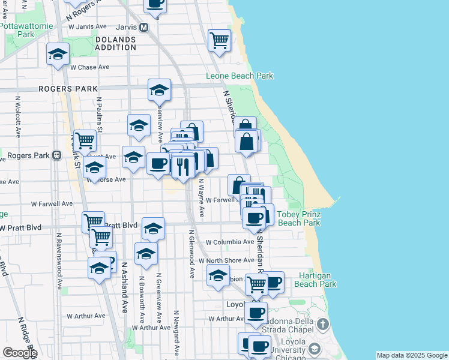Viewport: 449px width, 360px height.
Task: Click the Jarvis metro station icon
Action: pos(143,28)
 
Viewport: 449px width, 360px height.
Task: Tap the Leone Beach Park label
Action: pos(240,76)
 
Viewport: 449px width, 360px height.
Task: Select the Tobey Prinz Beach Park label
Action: pos(298,218)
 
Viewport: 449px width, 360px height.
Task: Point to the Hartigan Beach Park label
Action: pos(318,280)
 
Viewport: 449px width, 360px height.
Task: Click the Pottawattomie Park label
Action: pos(26,31)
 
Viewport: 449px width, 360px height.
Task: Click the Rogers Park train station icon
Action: pos(57,155)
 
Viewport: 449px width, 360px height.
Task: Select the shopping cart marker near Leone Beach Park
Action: pos(219,41)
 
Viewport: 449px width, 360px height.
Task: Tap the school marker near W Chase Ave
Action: pos(58,55)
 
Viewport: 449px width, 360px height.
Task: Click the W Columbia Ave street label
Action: pos(230,242)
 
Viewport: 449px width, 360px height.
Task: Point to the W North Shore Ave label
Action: pos(231,260)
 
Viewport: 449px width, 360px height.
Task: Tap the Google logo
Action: pos(19,353)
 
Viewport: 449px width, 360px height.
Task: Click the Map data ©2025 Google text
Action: pos(411,355)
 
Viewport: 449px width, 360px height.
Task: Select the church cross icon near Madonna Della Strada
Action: pos(323,325)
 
